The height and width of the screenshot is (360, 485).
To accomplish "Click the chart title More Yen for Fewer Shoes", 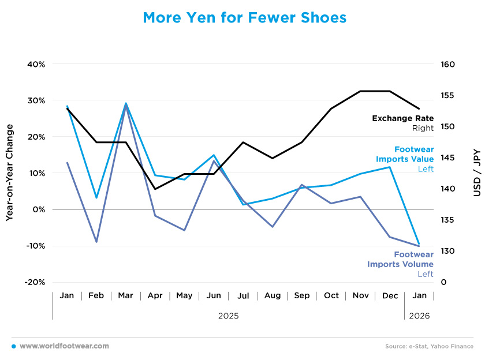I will click(245, 18).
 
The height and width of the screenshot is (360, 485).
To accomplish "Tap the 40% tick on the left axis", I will click(36, 64).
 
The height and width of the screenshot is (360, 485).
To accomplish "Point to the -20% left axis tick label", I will click(35, 282).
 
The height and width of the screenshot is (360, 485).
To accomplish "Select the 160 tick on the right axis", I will click(447, 64).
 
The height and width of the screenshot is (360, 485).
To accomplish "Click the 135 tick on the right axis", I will click(447, 220).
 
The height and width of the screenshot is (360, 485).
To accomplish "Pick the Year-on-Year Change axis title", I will click(10, 173).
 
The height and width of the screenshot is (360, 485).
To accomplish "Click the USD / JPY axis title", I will click(476, 173).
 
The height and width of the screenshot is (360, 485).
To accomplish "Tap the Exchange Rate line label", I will click(402, 119).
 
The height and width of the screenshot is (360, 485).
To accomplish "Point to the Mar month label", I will click(125, 295).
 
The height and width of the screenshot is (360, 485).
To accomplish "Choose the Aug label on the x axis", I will click(273, 295).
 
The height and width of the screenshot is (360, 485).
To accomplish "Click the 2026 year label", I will click(419, 316).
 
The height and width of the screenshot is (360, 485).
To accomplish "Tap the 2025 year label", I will click(228, 316).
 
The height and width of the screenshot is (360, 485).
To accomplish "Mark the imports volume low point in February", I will click(96, 242).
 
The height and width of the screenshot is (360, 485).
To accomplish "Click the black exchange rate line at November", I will click(361, 91).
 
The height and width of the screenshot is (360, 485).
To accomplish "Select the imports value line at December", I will click(390, 167).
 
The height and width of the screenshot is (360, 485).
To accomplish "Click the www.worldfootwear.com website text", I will click(64, 346).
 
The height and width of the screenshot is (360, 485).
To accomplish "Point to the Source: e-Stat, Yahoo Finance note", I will click(429, 346).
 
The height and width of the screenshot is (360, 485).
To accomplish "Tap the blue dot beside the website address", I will click(13, 346).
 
